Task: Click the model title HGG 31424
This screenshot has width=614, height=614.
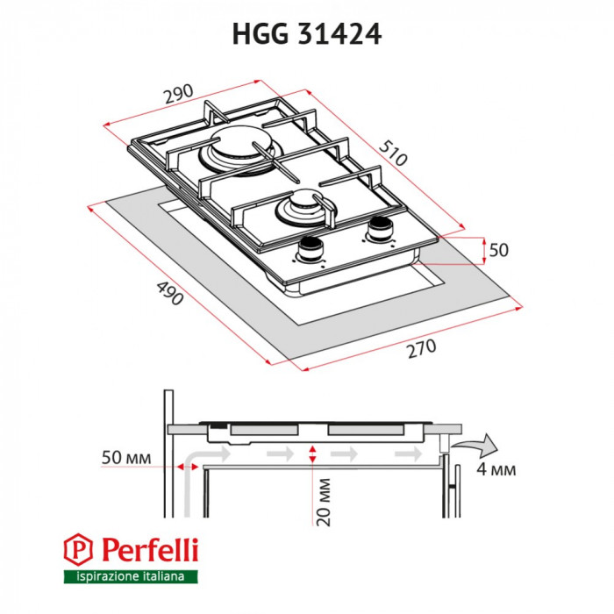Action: [x=306, y=32]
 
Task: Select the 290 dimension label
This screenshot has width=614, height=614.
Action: [x=177, y=94]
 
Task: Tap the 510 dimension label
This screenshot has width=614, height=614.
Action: [x=394, y=154]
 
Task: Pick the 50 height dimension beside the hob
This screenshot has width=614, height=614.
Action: [x=498, y=250]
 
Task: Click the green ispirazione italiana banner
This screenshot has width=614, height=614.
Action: [x=131, y=576]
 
